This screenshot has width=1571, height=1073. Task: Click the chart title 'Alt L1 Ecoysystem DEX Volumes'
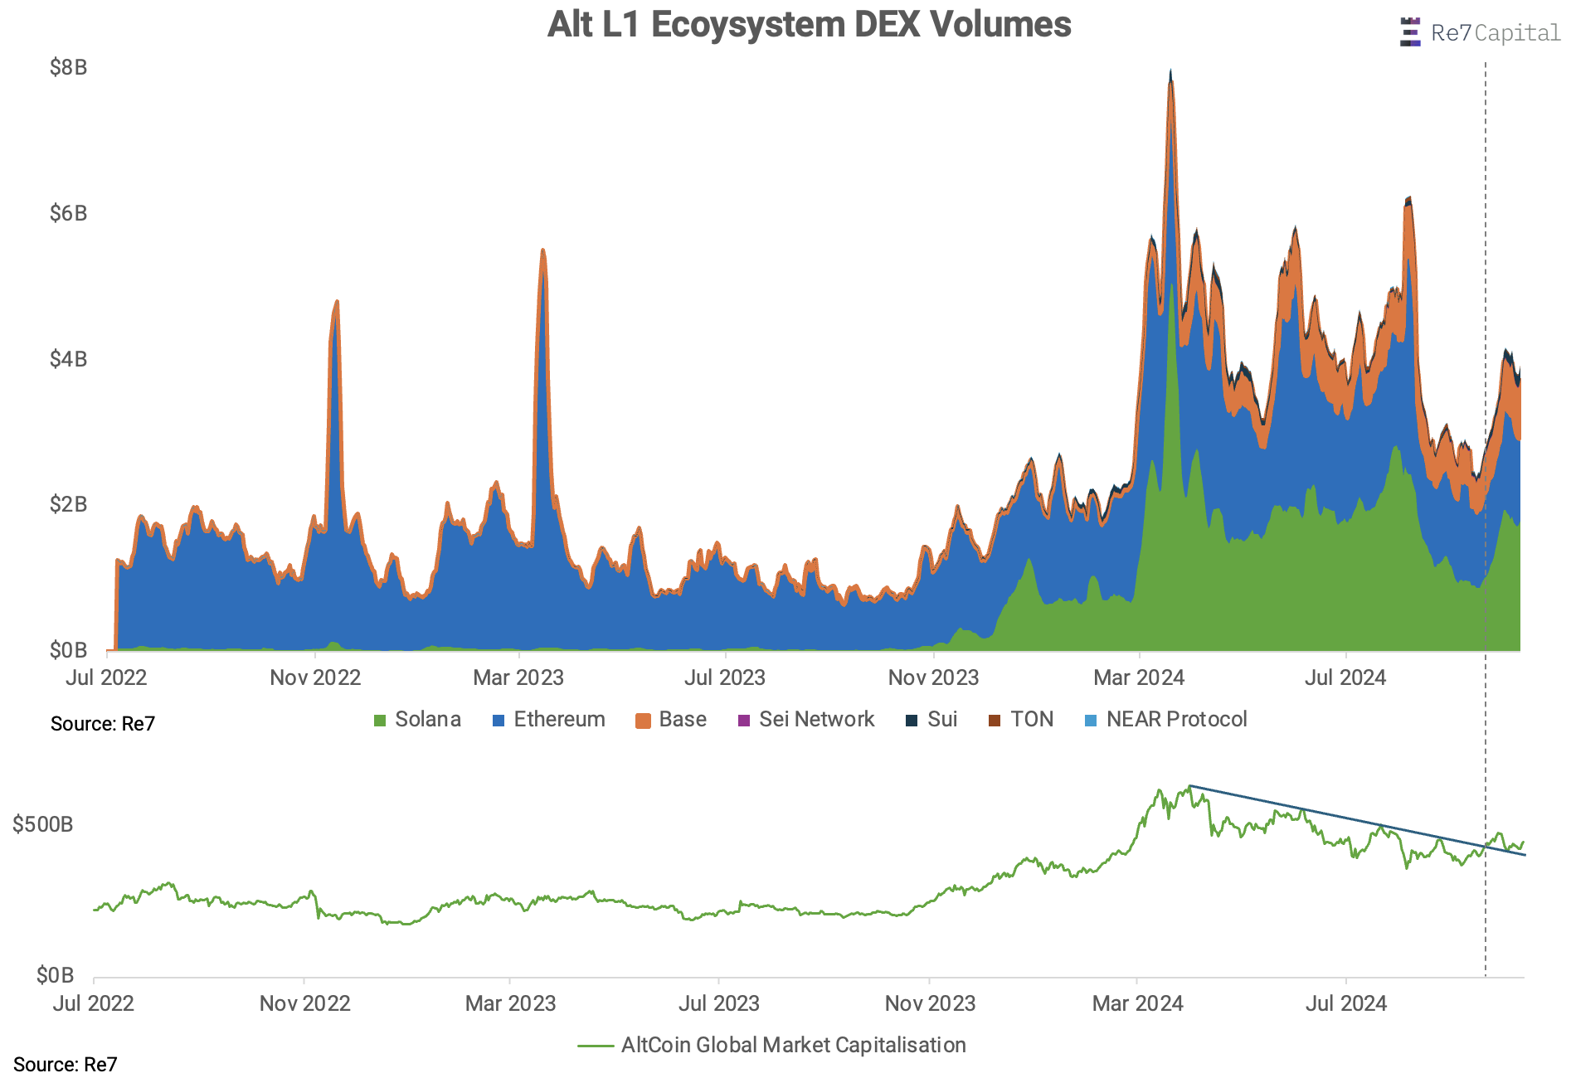(809, 25)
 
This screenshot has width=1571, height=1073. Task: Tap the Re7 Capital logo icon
(1409, 32)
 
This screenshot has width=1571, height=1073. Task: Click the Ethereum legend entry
(548, 720)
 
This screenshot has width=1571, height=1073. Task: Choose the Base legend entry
(671, 720)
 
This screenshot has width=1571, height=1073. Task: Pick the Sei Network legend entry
(806, 720)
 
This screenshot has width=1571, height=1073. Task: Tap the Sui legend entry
(931, 720)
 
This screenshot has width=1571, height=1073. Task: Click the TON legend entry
(1021, 720)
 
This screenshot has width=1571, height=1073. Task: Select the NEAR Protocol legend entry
(1166, 720)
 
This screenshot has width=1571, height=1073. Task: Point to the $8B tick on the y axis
(68, 67)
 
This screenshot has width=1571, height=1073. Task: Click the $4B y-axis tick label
(68, 359)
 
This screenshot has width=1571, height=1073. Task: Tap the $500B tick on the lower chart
(43, 824)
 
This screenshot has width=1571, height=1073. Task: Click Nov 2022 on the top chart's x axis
(315, 678)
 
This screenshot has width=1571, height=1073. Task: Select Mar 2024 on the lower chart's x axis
(1137, 1004)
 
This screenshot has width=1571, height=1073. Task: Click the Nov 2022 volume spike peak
(336, 303)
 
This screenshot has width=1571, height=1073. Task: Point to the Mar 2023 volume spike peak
(542, 250)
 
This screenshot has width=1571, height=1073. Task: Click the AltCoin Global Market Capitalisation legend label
(793, 1046)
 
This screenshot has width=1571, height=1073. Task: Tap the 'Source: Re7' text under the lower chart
(66, 1064)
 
